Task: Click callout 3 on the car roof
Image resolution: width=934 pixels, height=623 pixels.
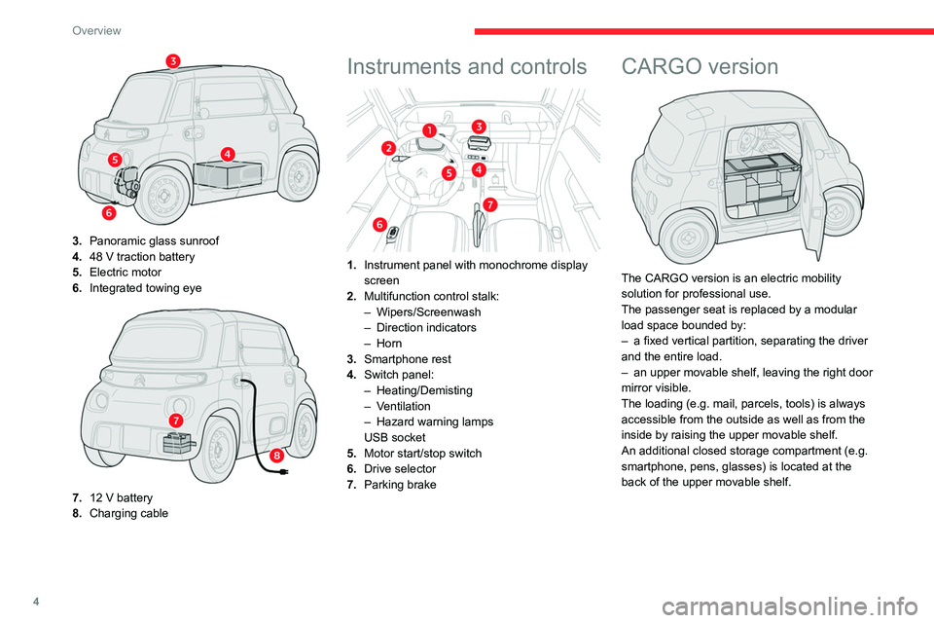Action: coord(173,60)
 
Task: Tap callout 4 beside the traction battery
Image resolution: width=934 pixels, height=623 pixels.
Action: coord(228,154)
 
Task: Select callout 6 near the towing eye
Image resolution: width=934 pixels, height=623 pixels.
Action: coord(109,212)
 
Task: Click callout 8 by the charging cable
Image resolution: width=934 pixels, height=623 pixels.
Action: coord(276,457)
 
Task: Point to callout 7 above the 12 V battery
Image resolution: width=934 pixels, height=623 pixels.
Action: coord(176,421)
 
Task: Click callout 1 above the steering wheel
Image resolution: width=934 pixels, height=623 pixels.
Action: coord(429,130)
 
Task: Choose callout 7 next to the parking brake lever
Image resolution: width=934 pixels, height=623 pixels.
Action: coord(489,205)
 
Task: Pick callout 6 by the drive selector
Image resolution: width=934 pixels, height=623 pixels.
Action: coord(379,224)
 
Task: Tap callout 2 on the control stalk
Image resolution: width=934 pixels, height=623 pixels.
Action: coord(388,148)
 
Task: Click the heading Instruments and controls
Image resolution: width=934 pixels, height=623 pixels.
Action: coord(467,66)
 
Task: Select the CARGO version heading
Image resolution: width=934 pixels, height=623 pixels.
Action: coord(700,66)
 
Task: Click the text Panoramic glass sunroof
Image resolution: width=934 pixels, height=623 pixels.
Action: coord(155,240)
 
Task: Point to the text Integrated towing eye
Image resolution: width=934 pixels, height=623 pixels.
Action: coord(145,288)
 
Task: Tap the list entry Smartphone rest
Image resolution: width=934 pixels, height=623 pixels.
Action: coord(408,359)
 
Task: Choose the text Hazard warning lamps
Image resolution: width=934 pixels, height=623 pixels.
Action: coord(435,421)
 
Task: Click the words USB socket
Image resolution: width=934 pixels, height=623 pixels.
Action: coord(395,438)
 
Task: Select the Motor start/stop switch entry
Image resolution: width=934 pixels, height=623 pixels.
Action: coord(423,453)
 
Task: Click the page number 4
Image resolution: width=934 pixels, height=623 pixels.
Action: coord(36,603)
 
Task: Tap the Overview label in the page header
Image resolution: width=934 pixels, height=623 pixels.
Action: coord(96,30)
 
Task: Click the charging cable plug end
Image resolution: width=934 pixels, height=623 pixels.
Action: coord(282,472)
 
